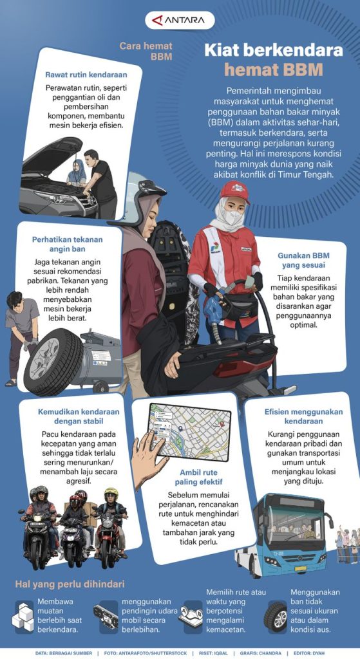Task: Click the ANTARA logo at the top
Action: pos(180,20)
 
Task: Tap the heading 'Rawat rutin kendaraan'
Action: pos(86,76)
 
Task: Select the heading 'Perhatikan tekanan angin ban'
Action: pos(67,244)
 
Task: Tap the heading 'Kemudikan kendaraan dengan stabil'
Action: pos(79,416)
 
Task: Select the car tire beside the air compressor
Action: pos(54,362)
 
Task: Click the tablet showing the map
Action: pos(189,431)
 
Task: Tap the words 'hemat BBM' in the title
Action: pos(274,69)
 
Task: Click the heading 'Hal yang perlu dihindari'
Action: pos(70,584)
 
